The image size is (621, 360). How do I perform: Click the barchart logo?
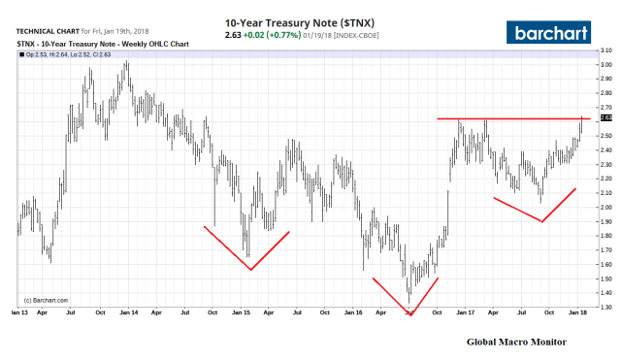(x=556, y=31)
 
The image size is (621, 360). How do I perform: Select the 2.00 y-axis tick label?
(x=606, y=207)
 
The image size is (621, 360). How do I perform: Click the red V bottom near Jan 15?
(x=250, y=269)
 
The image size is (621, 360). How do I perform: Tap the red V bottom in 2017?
(x=540, y=221)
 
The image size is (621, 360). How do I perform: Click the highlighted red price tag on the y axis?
(x=606, y=118)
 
